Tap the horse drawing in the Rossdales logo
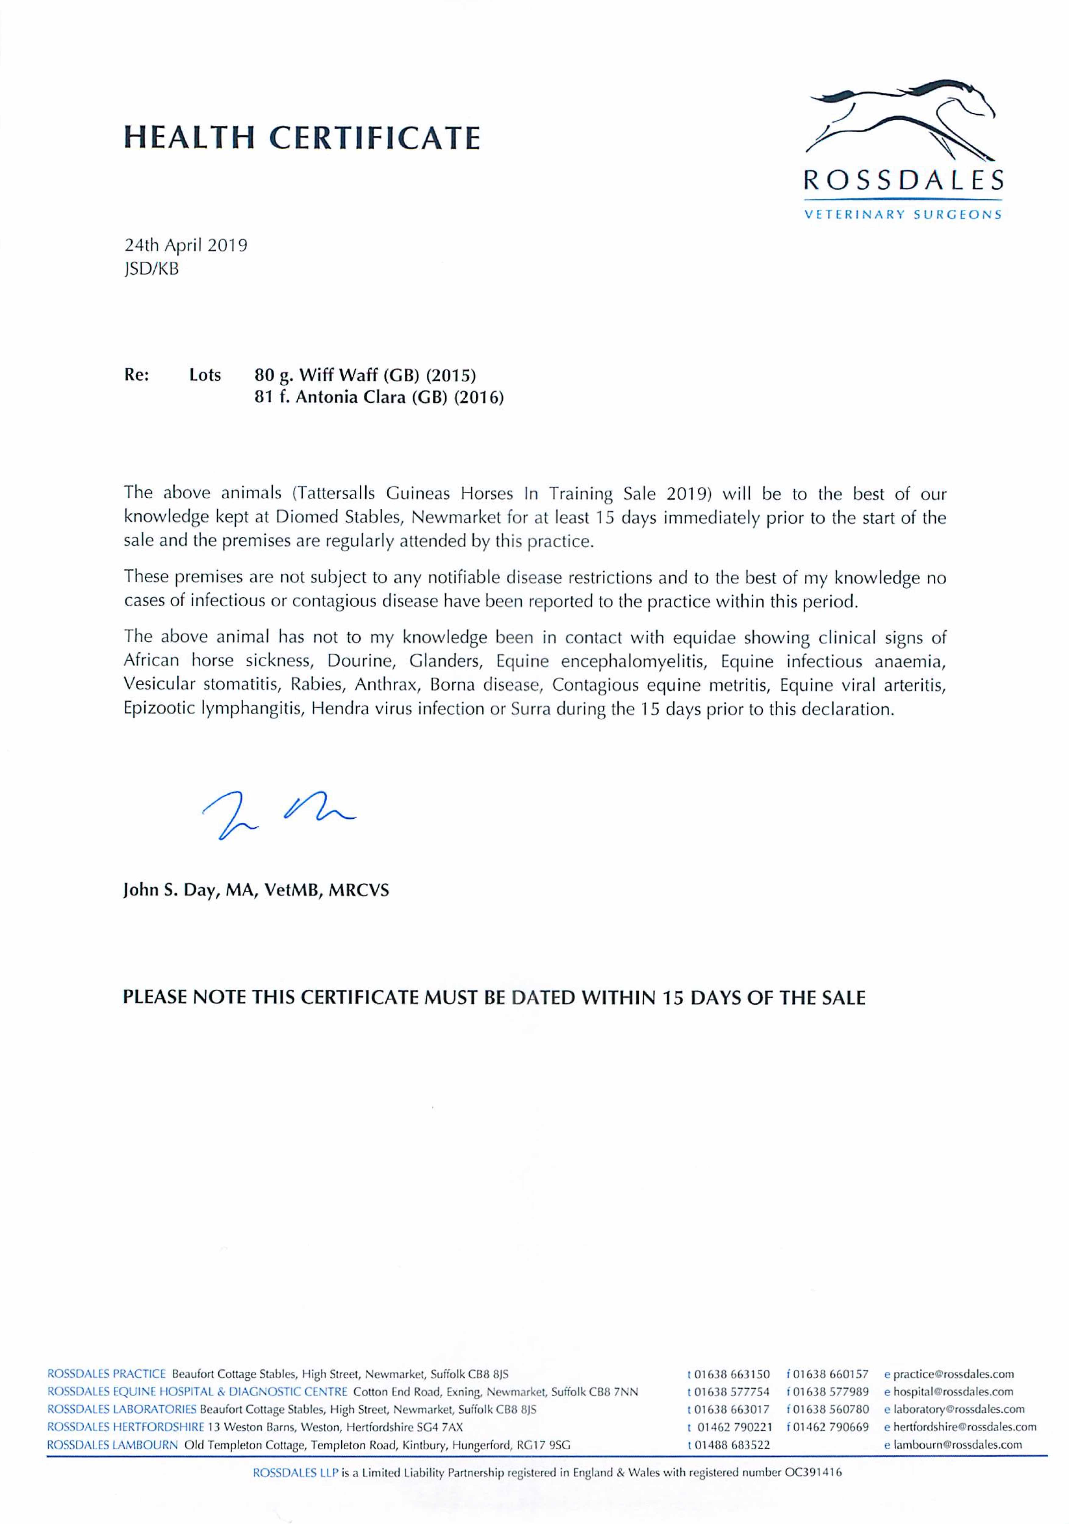902,123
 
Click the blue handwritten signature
279,814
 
